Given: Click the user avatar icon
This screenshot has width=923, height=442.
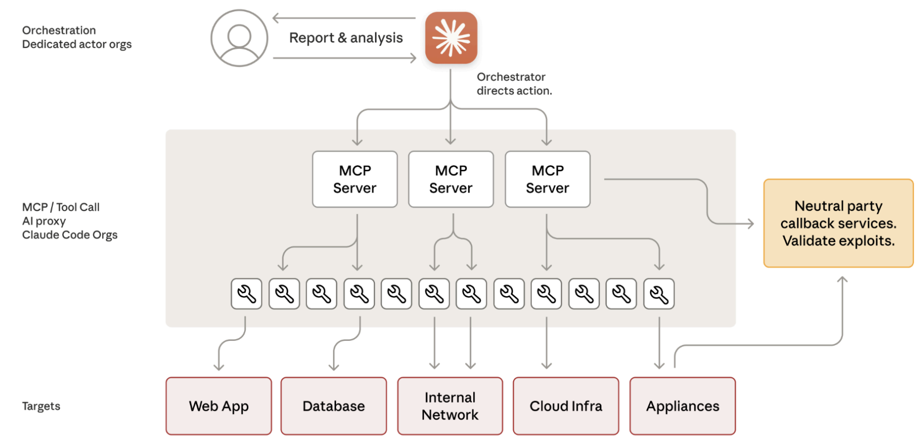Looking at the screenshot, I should coord(239,38).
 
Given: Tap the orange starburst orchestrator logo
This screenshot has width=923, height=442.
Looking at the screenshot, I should coord(451,38).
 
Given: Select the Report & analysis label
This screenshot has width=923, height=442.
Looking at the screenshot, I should coord(346,38).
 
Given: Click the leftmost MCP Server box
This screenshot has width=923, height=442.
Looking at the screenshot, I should coord(355,179).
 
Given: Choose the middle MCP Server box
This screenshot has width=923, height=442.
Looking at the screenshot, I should coord(451,179).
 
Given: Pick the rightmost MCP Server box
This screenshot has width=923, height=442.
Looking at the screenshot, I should coord(548,179).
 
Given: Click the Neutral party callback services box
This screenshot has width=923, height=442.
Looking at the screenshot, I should coord(838,223).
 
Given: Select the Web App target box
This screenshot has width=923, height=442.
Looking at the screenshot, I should coord(219,406).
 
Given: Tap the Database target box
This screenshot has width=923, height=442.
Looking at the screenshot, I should coord(333,406).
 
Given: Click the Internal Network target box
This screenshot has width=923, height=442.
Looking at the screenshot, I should coord(450,406).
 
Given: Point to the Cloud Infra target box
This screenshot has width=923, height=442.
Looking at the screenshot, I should coord(566,406).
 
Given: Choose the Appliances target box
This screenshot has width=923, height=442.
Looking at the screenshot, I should coord(683,406).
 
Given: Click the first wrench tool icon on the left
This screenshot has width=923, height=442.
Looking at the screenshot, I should coord(246,294).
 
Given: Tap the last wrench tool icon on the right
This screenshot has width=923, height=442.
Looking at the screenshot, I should coord(659,294).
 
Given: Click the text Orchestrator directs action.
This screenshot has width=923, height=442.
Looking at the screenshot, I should coord(514,84).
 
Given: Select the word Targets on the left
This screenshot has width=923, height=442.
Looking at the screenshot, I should coord(41,406).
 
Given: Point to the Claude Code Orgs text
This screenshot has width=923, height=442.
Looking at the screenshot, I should coord(69,235).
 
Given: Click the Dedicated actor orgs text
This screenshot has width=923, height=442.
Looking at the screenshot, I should coord(76,44).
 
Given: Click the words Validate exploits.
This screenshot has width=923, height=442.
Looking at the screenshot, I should coord(838,241).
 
